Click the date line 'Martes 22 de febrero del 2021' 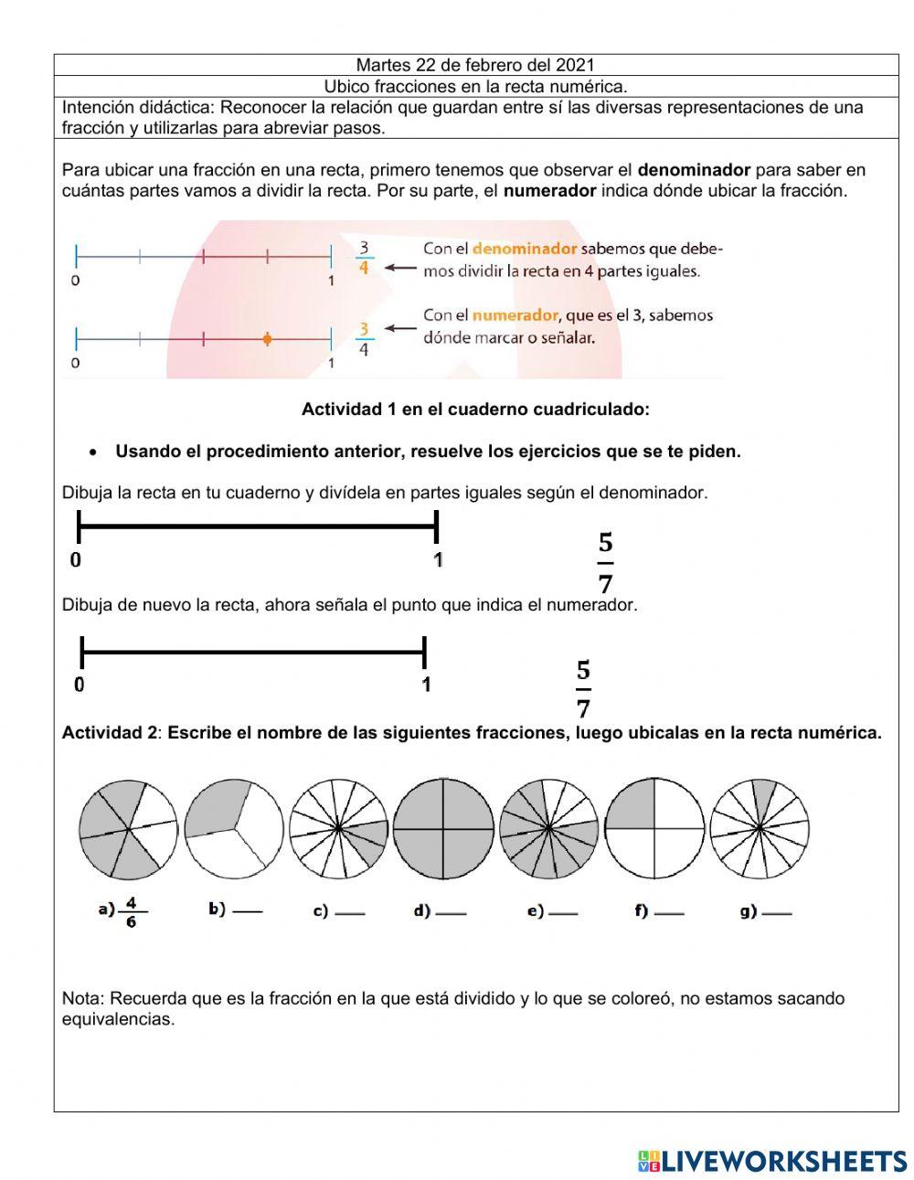point(475,65)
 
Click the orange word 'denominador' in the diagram point(524,249)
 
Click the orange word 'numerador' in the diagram point(515,315)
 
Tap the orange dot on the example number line point(267,339)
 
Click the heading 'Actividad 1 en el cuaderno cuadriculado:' point(475,409)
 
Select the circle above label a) point(128,829)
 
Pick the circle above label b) point(234,829)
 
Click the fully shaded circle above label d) point(443,829)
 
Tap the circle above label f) point(655,829)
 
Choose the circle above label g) point(760,829)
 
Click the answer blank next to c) point(350,913)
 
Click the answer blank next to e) point(563,913)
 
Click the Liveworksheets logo point(772,1161)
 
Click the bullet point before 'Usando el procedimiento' point(93,452)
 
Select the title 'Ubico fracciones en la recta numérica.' point(475,87)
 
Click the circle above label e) point(549,829)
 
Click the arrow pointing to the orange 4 point(399,269)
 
